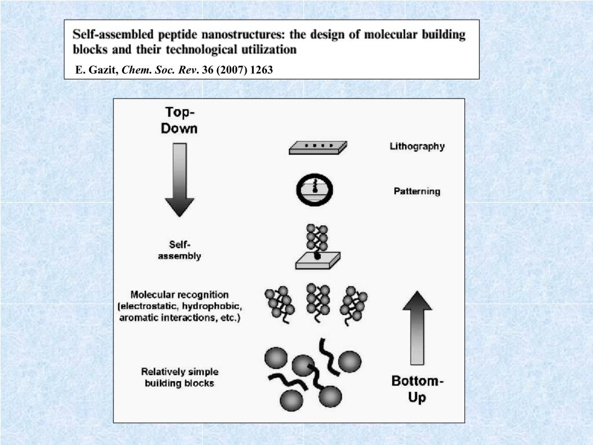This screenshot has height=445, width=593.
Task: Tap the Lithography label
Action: pyautogui.click(x=417, y=147)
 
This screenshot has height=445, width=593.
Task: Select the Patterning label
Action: pyautogui.click(x=417, y=191)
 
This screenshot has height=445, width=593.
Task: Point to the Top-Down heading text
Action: pyautogui.click(x=179, y=120)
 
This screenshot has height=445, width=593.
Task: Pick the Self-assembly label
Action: pyautogui.click(x=180, y=250)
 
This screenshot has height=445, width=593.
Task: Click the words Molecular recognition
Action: pyautogui.click(x=180, y=295)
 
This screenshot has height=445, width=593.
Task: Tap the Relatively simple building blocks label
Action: pyautogui.click(x=180, y=377)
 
